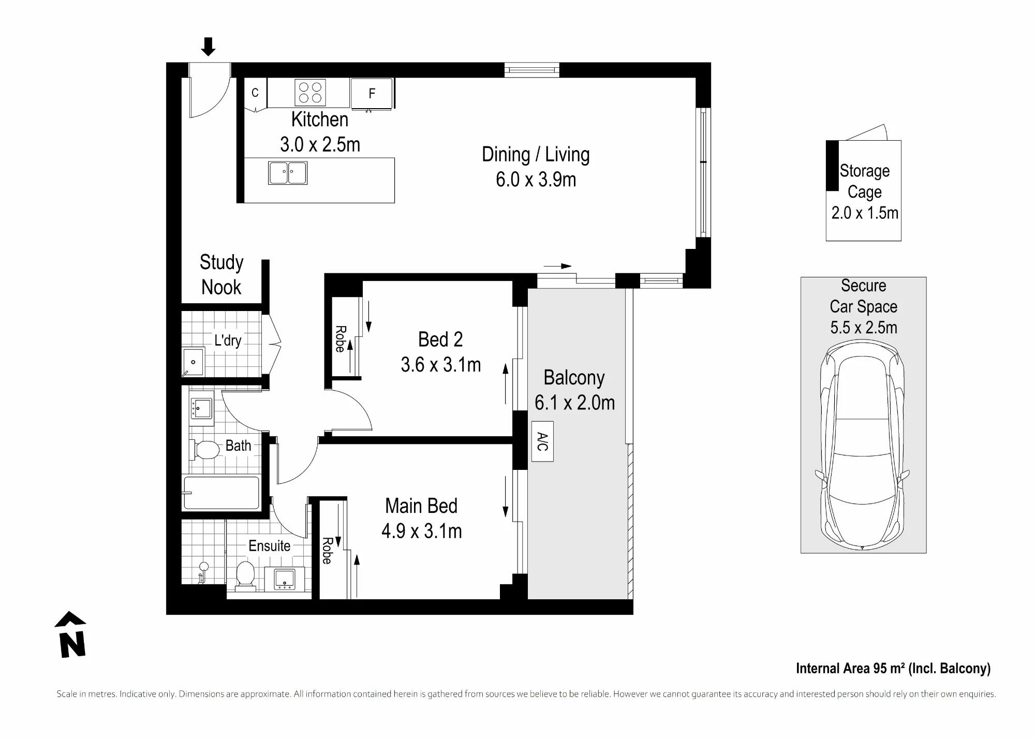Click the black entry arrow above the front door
click(208, 47)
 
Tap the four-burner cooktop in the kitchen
click(310, 93)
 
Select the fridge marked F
click(372, 94)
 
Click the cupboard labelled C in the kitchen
click(255, 94)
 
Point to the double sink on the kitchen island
click(288, 173)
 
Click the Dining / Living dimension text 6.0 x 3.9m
click(536, 180)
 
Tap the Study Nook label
click(221, 275)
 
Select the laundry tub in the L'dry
click(193, 362)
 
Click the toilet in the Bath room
click(205, 450)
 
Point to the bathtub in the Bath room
click(221, 493)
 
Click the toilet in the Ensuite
click(246, 575)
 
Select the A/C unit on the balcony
click(542, 441)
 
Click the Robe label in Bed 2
click(341, 339)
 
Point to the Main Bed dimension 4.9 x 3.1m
click(422, 531)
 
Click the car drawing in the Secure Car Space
click(863, 446)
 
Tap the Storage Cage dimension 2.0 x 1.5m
click(865, 213)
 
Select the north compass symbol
click(71, 635)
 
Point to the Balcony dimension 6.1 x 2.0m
click(575, 403)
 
